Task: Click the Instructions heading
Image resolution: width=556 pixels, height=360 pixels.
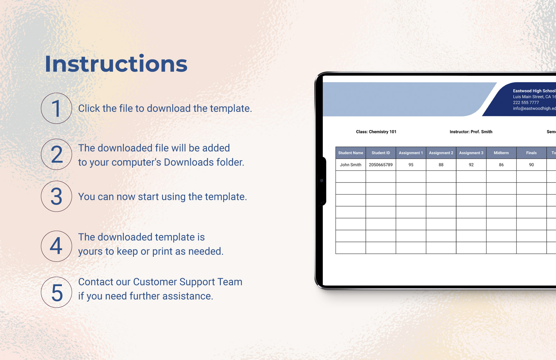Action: click(116, 64)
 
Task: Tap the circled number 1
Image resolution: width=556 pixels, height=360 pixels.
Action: click(57, 108)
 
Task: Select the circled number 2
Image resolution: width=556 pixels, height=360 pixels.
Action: click(57, 154)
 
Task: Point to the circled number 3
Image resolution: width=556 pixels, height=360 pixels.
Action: click(57, 196)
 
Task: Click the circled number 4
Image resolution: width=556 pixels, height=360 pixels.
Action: click(57, 246)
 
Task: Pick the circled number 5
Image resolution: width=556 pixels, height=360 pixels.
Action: click(57, 292)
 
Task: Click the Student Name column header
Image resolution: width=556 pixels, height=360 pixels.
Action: click(350, 153)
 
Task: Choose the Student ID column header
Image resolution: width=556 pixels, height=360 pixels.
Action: click(381, 153)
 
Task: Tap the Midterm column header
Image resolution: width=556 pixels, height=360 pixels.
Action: click(501, 153)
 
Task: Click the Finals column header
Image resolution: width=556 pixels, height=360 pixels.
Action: click(531, 153)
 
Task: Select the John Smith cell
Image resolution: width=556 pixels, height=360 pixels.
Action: click(350, 165)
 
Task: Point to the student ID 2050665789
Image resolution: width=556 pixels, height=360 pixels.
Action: click(381, 165)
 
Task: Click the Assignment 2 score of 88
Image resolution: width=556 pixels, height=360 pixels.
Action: click(441, 165)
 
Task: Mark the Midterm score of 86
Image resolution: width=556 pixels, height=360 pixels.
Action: click(501, 165)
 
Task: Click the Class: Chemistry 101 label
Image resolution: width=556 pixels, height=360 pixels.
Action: click(376, 132)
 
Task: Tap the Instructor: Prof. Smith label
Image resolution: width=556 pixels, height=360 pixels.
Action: click(471, 132)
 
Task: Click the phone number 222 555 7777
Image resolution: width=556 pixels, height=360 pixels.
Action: click(526, 103)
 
